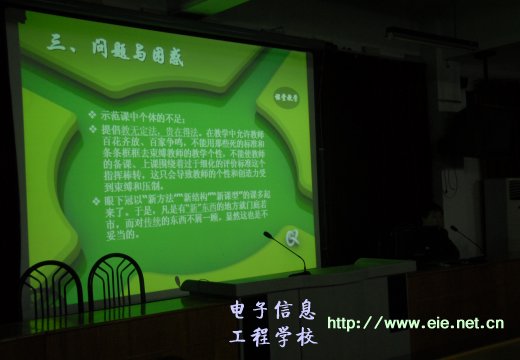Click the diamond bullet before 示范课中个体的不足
(x=93, y=115)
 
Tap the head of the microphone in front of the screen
(x=268, y=235)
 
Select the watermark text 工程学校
(x=272, y=335)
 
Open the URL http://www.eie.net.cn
(x=415, y=323)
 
